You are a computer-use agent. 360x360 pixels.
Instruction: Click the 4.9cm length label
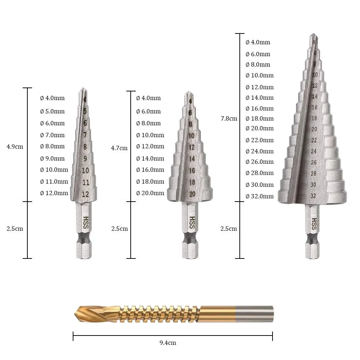point(15,147)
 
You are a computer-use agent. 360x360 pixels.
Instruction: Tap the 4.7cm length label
point(119,148)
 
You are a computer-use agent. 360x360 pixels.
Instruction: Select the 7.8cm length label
point(229,118)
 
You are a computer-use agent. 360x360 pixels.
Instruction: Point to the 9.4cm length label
point(168,343)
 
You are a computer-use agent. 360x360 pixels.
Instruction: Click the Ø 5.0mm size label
point(52,111)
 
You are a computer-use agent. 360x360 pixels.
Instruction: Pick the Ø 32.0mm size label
point(260,196)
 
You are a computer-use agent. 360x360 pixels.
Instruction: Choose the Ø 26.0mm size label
point(260,162)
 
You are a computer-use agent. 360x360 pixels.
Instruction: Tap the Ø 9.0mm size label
point(52,158)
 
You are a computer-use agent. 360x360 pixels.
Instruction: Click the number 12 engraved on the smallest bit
point(85,194)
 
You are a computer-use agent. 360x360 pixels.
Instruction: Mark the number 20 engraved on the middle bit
point(192,194)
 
